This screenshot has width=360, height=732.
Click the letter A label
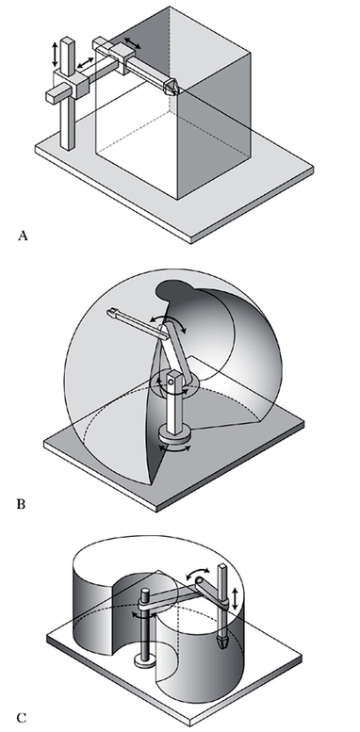click(x=23, y=236)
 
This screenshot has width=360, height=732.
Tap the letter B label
click(x=21, y=504)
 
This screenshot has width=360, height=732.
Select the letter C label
click(x=21, y=718)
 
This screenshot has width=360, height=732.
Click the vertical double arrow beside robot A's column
click(x=55, y=55)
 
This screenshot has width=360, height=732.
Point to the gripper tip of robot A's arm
click(x=172, y=88)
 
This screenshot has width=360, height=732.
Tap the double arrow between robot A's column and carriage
click(x=85, y=63)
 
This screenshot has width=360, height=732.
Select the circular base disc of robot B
click(x=175, y=435)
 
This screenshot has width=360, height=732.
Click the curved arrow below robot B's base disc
click(x=175, y=448)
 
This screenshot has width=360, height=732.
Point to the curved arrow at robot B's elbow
click(x=168, y=322)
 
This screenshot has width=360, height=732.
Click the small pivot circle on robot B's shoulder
click(x=171, y=382)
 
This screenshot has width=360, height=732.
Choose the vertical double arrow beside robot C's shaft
click(x=236, y=597)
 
